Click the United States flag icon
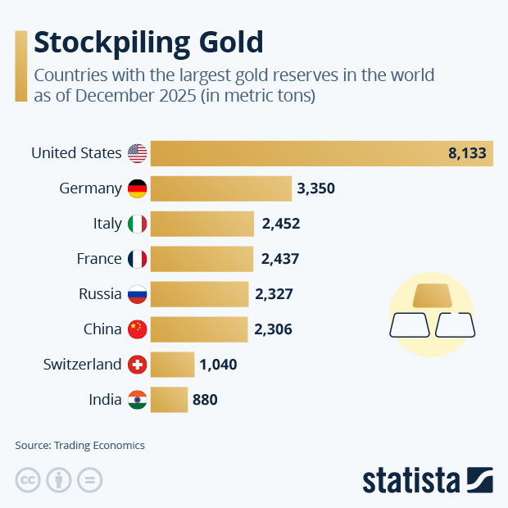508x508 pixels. pyautogui.click(x=137, y=153)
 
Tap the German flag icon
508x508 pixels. pyautogui.click(x=137, y=188)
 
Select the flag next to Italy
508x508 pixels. pyautogui.click(x=137, y=224)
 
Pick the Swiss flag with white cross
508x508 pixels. pyautogui.click(x=137, y=365)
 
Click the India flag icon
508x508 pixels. pyautogui.click(x=137, y=400)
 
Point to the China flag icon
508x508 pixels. pyautogui.click(x=137, y=329)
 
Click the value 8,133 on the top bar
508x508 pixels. pyautogui.click(x=467, y=153)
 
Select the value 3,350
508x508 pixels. pyautogui.click(x=316, y=188)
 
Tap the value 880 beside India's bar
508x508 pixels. pyautogui.click(x=205, y=400)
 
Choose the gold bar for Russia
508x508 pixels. pyautogui.click(x=199, y=294)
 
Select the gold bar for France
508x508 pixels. pyautogui.click(x=202, y=259)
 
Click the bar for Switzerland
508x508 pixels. pyautogui.click(x=172, y=365)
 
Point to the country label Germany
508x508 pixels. pyautogui.click(x=90, y=188)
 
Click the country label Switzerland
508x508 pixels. pyautogui.click(x=82, y=365)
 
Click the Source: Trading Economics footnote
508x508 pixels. pyautogui.click(x=79, y=445)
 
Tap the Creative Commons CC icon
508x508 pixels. pyautogui.click(x=28, y=480)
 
